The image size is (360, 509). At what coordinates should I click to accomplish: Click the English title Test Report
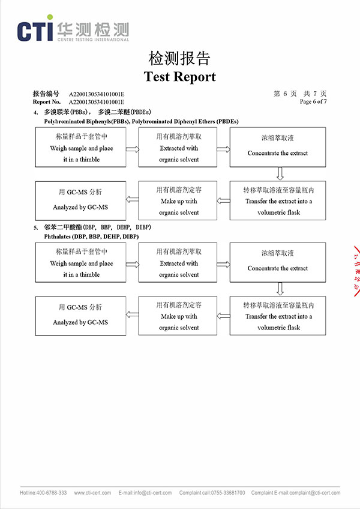tap(179, 77)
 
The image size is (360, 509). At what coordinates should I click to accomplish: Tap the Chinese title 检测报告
tap(179, 59)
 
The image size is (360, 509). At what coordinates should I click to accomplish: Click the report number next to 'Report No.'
tap(97, 101)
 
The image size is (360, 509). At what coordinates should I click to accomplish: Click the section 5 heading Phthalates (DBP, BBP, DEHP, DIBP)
tap(94, 236)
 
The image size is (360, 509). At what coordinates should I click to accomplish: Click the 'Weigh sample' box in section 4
tap(81, 147)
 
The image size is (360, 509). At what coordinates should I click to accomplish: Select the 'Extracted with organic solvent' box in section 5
tap(178, 263)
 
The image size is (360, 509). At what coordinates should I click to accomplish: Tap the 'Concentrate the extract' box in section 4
tap(277, 147)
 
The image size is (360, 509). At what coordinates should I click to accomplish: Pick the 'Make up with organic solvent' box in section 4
tap(178, 200)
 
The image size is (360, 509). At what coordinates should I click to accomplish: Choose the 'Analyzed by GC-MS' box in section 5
tap(80, 316)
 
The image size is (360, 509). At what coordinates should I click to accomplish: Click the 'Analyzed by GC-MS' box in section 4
tap(80, 200)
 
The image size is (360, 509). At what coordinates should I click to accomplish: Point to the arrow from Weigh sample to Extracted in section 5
tap(132, 264)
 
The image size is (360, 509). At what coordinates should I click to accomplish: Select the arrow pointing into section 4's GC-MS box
tap(131, 200)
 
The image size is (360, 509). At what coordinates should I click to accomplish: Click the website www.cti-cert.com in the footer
tap(92, 493)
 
